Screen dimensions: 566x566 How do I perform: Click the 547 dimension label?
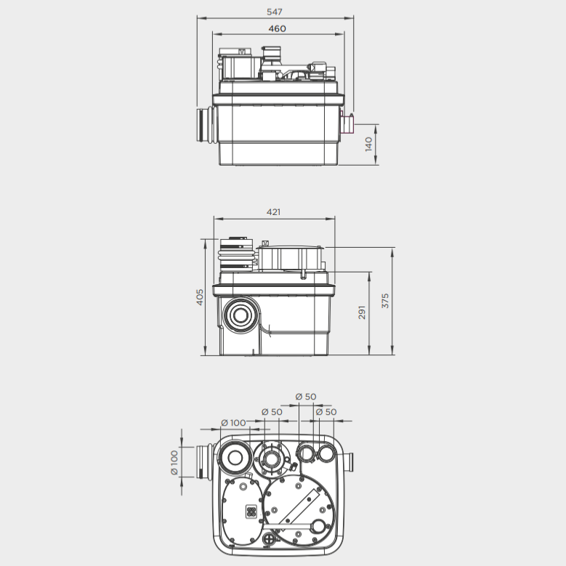click(275, 12)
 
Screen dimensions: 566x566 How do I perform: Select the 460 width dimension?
click(278, 28)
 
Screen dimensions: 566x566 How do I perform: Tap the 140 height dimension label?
click(368, 145)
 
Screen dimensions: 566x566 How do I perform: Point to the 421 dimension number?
click(273, 212)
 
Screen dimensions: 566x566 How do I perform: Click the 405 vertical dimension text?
click(200, 297)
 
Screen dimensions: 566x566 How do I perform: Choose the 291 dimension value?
click(362, 312)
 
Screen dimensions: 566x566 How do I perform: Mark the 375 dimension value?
click(385, 301)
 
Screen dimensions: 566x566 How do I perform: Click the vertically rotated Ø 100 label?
click(174, 463)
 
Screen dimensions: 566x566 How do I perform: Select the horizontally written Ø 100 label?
click(233, 423)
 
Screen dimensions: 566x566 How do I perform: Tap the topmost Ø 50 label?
click(306, 397)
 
